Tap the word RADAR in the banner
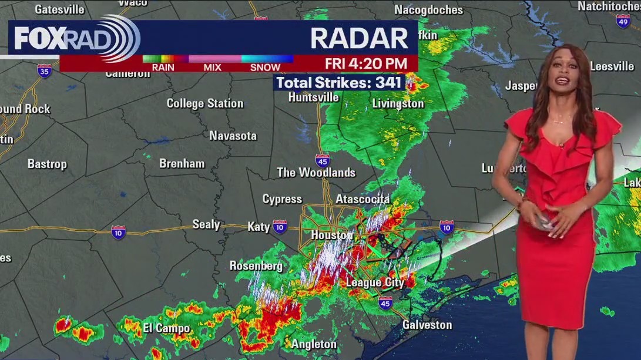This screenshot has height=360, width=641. pyautogui.click(x=359, y=38)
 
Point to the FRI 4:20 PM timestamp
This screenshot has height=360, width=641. pyautogui.click(x=366, y=63)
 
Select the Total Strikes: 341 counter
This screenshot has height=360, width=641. pyautogui.click(x=340, y=83)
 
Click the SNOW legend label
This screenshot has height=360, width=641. pyautogui.click(x=265, y=68)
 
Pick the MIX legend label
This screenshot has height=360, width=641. pyautogui.click(x=212, y=68)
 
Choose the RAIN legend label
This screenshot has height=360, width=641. pyautogui.click(x=163, y=68)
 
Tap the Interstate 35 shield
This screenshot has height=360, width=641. pyautogui.click(x=44, y=70)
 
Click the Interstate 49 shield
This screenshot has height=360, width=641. pyautogui.click(x=623, y=21)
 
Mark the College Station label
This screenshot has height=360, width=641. pyautogui.click(x=204, y=103)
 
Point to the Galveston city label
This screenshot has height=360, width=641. pyautogui.click(x=427, y=325)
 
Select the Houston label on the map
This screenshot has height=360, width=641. pyautogui.click(x=332, y=235)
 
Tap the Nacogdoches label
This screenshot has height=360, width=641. pyautogui.click(x=428, y=10)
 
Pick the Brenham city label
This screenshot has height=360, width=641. pyautogui.click(x=182, y=164)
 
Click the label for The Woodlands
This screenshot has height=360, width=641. pyautogui.click(x=316, y=173)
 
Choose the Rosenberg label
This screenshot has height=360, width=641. pyautogui.click(x=256, y=266)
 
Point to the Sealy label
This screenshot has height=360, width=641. pyautogui.click(x=206, y=224)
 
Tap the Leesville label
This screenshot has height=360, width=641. pyautogui.click(x=612, y=66)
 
